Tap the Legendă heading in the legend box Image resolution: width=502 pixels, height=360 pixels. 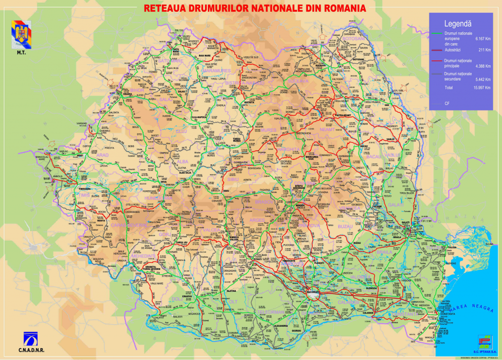click(x=457, y=23)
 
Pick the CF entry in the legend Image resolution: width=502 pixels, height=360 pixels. click(x=447, y=103)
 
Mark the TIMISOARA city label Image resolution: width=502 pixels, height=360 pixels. click(x=84, y=189)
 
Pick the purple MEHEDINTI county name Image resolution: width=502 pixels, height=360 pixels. click(x=144, y=256)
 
